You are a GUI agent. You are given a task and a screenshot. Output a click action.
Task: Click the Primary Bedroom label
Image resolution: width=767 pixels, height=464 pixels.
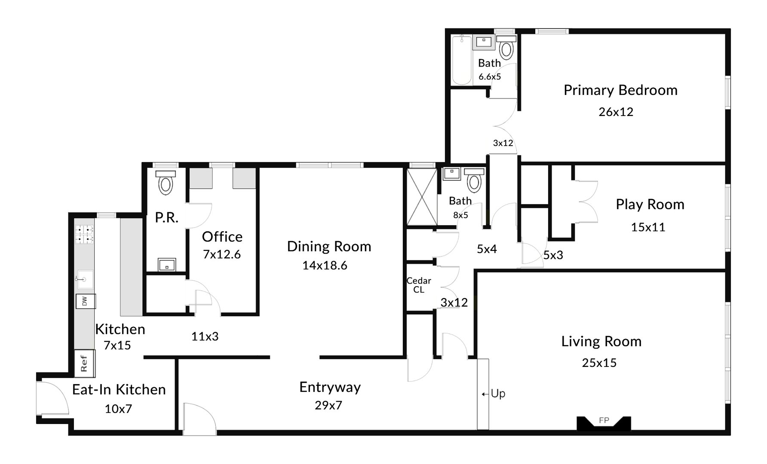pos(620,90)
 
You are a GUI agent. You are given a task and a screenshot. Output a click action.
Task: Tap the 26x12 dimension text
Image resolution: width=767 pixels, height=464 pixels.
pos(616,112)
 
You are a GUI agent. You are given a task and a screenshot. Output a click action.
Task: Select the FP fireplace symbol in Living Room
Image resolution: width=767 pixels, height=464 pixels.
pos(604,422)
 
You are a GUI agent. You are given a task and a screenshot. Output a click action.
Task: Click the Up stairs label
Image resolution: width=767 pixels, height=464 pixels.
pos(497,394)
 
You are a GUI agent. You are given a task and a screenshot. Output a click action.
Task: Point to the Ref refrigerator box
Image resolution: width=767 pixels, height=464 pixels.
pos(84,363)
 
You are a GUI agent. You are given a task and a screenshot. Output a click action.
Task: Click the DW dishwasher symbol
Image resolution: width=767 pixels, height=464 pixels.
pos(85,301)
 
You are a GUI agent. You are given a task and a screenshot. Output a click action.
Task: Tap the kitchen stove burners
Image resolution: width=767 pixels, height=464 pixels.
pos(85,235)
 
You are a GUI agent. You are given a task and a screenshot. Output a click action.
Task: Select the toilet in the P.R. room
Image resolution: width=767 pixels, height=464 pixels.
pos(166,183)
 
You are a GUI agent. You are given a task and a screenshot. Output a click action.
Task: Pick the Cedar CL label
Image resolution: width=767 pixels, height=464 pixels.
pos(419,285)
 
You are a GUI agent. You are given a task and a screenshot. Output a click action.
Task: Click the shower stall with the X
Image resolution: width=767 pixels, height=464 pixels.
pos(422,197)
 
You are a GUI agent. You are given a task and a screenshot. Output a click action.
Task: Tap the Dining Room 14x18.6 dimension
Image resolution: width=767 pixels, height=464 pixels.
pos(325,266)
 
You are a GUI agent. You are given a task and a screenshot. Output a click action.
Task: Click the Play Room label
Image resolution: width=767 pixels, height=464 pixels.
pos(650,205)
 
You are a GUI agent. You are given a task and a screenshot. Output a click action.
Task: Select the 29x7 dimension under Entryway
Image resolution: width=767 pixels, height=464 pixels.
pos(328,405)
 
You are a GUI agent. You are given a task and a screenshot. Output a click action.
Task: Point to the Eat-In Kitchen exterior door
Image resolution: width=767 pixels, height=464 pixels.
pos(52,397)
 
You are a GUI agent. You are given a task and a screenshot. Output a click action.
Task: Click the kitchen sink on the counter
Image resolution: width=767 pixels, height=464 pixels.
pos(85,279)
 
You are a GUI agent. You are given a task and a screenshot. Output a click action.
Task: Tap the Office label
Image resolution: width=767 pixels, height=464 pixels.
pos(222,237)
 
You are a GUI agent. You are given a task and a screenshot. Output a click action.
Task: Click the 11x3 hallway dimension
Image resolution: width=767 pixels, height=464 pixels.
pos(205,336)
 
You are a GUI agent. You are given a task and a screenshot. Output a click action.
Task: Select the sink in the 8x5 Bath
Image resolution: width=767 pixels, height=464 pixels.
pos(452,174)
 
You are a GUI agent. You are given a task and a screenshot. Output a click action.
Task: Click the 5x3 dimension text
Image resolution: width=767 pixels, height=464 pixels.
pos(553,255)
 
